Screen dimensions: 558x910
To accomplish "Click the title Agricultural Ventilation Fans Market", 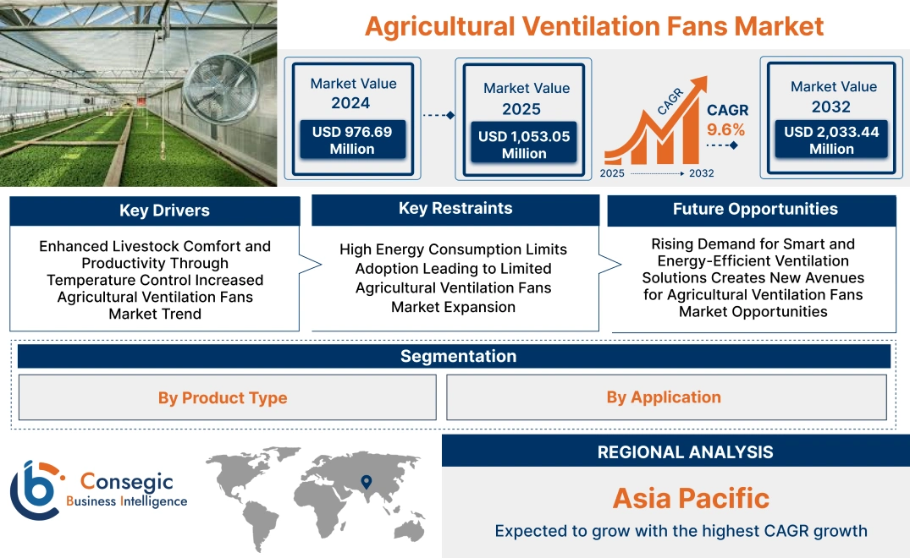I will (593, 26).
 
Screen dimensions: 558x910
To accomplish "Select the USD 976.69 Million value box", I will (351, 140).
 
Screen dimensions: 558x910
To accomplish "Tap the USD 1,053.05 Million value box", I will (524, 145).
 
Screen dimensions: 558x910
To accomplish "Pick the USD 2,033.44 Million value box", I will (831, 140).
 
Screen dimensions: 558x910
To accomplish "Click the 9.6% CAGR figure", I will (726, 129).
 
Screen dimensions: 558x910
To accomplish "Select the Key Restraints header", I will (455, 209).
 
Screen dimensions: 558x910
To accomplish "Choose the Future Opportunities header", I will (754, 210).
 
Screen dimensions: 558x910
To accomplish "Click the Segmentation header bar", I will (458, 356).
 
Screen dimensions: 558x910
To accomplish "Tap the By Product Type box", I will (223, 397).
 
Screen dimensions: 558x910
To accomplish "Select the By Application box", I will (664, 397).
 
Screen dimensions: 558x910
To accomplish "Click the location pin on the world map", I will (366, 482).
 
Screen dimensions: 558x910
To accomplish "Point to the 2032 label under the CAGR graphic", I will (701, 173).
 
